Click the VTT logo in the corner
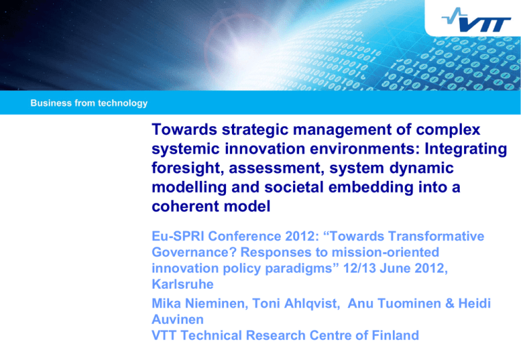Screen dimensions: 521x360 (x=476, y=20)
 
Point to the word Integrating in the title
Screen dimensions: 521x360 (x=466, y=149)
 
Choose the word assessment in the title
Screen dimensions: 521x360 (x=277, y=168)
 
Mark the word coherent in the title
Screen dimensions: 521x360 (x=185, y=206)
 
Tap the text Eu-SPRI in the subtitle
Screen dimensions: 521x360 (x=178, y=236)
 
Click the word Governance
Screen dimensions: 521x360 (x=194, y=252)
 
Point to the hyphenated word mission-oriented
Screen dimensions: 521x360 (x=385, y=252)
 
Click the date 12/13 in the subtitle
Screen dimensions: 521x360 (x=359, y=268)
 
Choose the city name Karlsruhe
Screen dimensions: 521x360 (x=182, y=284)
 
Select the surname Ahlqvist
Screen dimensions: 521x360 (x=311, y=304)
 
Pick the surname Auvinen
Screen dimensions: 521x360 (x=178, y=319)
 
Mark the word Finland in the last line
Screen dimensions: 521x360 (x=395, y=335)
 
